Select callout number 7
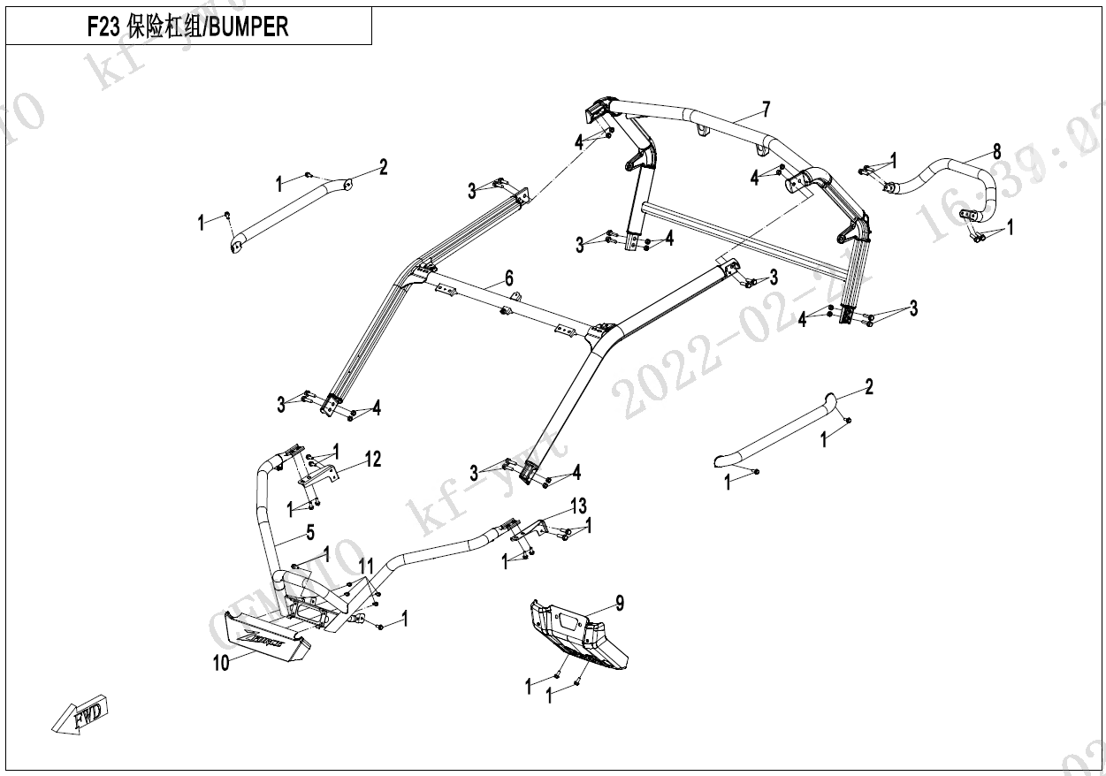tap(766, 109)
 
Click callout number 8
tap(996, 149)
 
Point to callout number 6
tap(509, 278)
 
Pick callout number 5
tap(309, 532)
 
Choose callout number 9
tap(620, 603)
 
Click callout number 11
tap(366, 566)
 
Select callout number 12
tap(373, 459)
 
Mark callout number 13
tap(578, 506)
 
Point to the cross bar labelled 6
tap(495, 301)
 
